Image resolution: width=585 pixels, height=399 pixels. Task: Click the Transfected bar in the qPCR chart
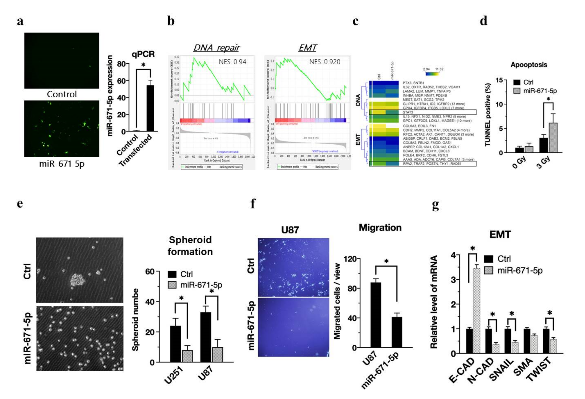tap(150, 108)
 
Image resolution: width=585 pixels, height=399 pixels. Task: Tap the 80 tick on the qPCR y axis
tap(121, 64)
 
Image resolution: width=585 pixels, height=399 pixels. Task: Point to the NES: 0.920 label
tap(325, 62)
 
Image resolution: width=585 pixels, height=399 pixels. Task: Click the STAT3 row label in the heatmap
tap(408, 112)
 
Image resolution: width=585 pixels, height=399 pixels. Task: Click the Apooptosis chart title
tap(529, 65)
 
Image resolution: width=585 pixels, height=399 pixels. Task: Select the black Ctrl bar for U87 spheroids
tap(205, 337)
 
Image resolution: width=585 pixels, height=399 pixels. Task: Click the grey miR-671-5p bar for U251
tap(187, 356)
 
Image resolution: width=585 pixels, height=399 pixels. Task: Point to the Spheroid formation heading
tap(190, 246)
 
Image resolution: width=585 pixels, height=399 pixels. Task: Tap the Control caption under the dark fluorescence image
tap(62, 94)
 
